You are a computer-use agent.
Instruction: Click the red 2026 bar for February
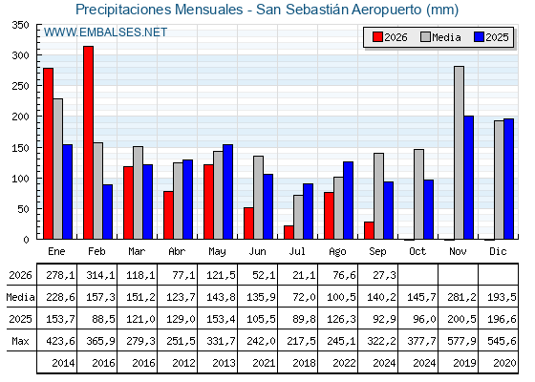(x=88, y=142)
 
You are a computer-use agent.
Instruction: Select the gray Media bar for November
(x=459, y=153)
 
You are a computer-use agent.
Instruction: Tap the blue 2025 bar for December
(x=508, y=179)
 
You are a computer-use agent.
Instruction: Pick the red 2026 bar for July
(x=289, y=232)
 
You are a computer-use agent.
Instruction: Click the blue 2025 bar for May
(x=228, y=192)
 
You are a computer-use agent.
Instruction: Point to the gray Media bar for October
(x=419, y=194)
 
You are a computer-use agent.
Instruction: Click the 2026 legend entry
(x=390, y=37)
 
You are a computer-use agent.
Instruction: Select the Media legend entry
(x=440, y=37)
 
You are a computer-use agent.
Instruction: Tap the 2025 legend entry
(x=491, y=37)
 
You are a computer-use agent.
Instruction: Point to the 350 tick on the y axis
(x=20, y=25)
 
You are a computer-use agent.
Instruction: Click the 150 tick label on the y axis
(x=20, y=148)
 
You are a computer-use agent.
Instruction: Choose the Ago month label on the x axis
(x=337, y=252)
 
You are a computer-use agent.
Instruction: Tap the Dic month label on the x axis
(x=498, y=251)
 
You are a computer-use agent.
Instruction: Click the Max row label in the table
(x=20, y=341)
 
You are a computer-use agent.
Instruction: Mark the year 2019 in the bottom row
(x=464, y=363)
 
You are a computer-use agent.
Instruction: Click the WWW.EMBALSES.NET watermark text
(x=105, y=32)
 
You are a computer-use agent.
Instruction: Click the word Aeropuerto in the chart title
(x=387, y=10)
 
